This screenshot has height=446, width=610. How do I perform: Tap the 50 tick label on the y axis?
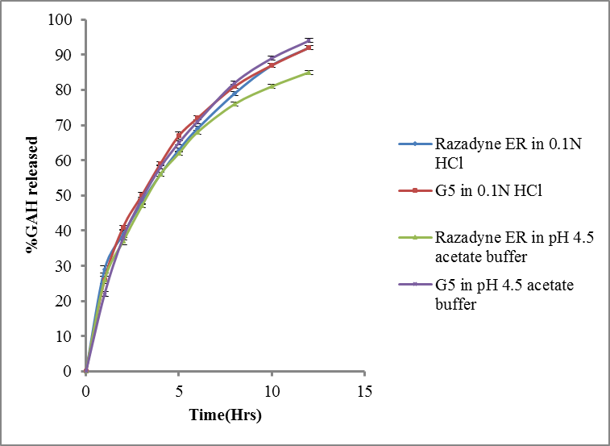[x=66, y=195]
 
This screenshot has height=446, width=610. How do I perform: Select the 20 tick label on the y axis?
[x=66, y=301]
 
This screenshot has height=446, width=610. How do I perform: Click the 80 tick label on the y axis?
[x=66, y=90]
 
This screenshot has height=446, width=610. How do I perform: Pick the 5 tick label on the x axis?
[x=179, y=391]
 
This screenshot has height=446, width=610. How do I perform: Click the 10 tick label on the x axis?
[x=272, y=391]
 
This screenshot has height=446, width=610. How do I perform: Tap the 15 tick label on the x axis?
[x=364, y=391]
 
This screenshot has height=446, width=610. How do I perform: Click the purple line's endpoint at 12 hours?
[x=309, y=40]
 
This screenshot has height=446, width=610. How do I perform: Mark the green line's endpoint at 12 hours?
[x=309, y=72]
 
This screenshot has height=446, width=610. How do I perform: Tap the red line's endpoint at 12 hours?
[x=309, y=48]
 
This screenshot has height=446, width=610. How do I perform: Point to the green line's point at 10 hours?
[x=272, y=85]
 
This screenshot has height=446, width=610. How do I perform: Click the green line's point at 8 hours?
[x=234, y=103]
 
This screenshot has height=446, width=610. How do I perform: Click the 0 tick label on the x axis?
[x=86, y=391]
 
